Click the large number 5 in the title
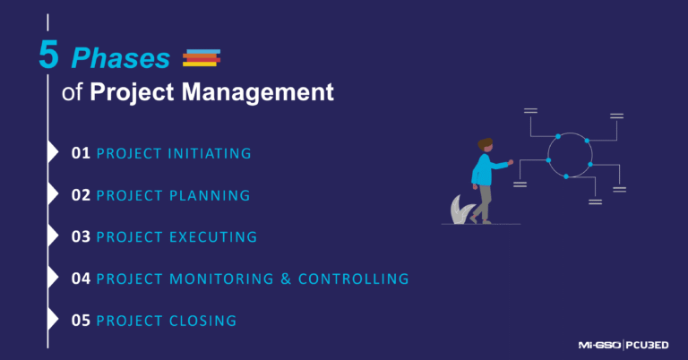[x=49, y=56]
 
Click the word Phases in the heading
[x=121, y=58]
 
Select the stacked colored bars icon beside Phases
[x=201, y=58]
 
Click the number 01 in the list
[x=81, y=153]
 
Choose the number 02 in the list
[x=81, y=195]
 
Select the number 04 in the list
[x=81, y=279]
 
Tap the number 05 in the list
[x=81, y=321]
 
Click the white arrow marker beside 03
[x=53, y=236]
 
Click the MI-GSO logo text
[x=599, y=344]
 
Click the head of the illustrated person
[x=486, y=145]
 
